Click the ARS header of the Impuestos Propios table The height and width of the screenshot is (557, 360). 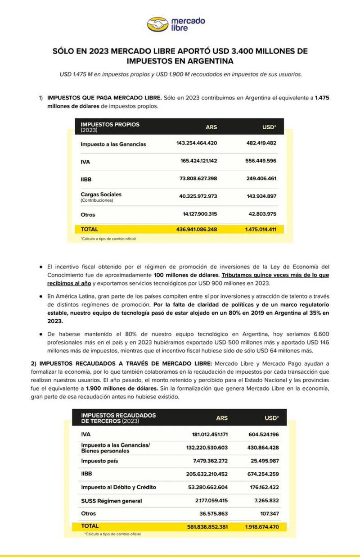pos(211,127)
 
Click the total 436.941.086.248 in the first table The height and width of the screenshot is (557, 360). pos(197,229)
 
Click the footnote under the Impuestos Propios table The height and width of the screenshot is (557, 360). pos(108,239)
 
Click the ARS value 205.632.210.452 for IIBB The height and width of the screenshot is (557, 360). pos(207,474)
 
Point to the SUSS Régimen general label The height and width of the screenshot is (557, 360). pos(111,501)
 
